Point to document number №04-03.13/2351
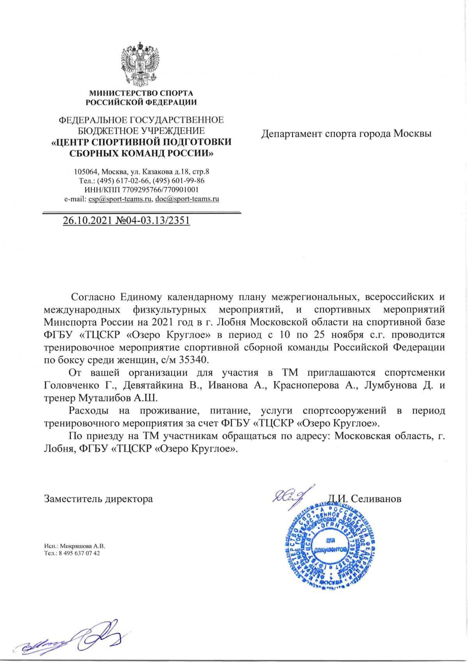click(x=153, y=220)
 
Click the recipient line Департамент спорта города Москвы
click(x=346, y=134)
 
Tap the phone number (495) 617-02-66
click(x=127, y=181)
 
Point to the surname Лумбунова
click(x=392, y=386)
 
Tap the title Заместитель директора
click(x=98, y=499)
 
